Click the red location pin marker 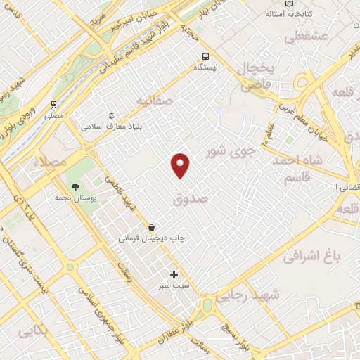tap(181, 165)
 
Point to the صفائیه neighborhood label tap(155, 101)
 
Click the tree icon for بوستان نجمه tap(75, 187)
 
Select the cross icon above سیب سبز tap(174, 274)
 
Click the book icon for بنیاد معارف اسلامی tap(110, 115)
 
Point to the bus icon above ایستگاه tap(205, 56)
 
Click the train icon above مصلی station tap(53, 103)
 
